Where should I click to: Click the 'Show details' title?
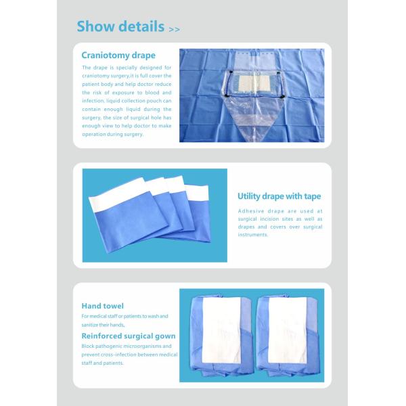120,27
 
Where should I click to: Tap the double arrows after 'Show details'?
174,30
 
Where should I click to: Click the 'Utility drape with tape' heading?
279,197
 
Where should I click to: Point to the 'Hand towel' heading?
102,306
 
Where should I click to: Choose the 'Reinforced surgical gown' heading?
129,336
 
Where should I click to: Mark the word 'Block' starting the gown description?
89,346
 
